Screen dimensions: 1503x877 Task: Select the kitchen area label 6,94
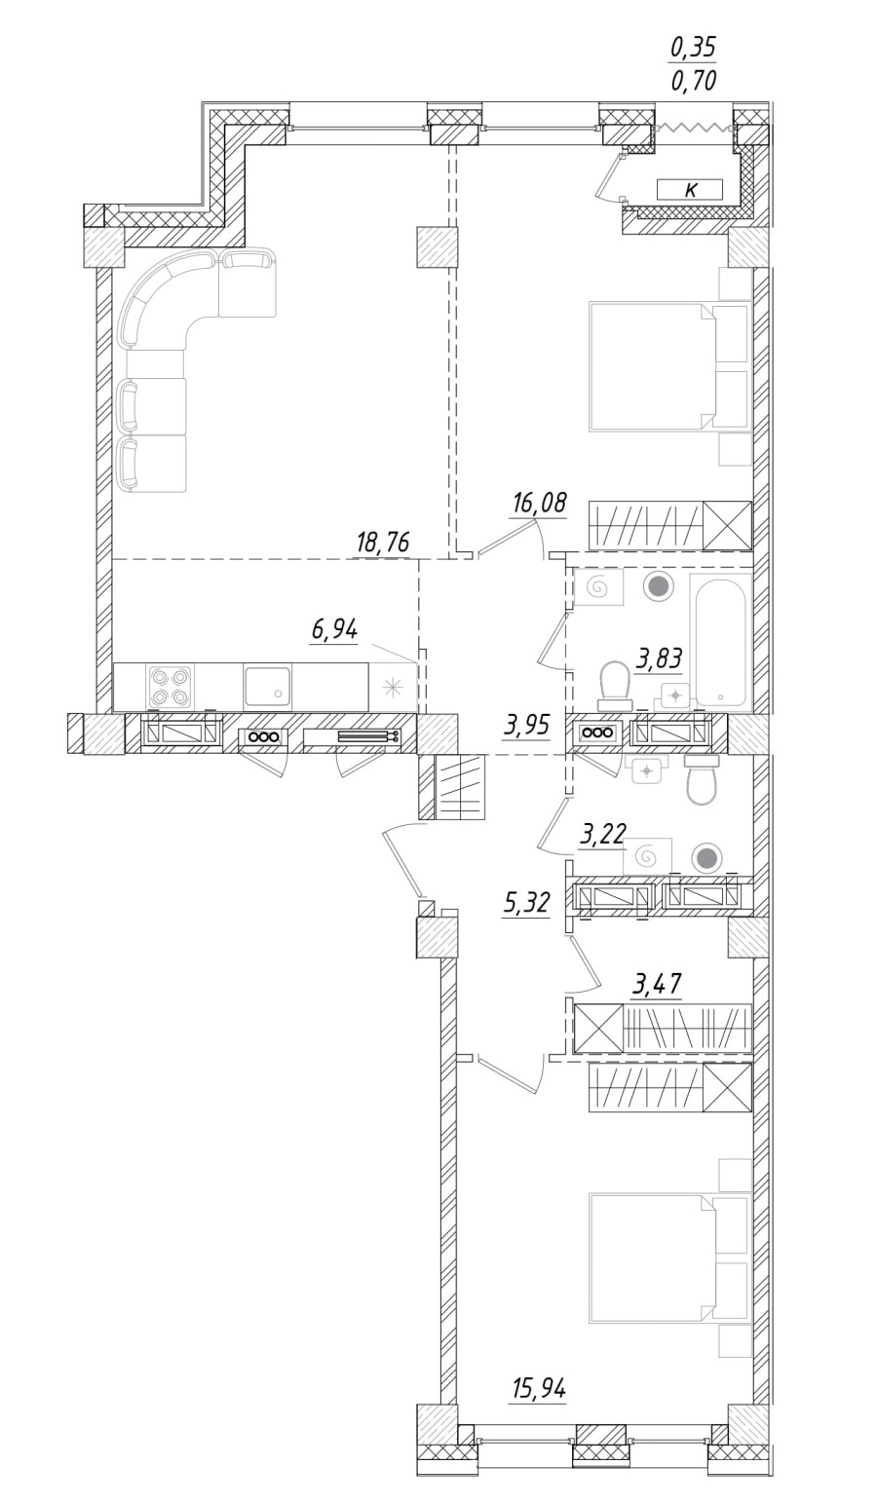tap(334, 630)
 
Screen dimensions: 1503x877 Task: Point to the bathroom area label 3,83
tap(660, 659)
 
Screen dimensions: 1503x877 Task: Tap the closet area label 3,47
tap(656, 985)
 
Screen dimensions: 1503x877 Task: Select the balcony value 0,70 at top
tap(693, 81)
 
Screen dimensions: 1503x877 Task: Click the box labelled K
tap(690, 190)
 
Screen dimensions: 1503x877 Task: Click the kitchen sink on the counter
tap(267, 687)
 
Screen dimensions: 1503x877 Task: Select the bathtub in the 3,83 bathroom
tap(720, 640)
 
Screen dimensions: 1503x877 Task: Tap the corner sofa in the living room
tap(166, 312)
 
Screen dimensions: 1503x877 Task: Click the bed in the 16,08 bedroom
tap(653, 366)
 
